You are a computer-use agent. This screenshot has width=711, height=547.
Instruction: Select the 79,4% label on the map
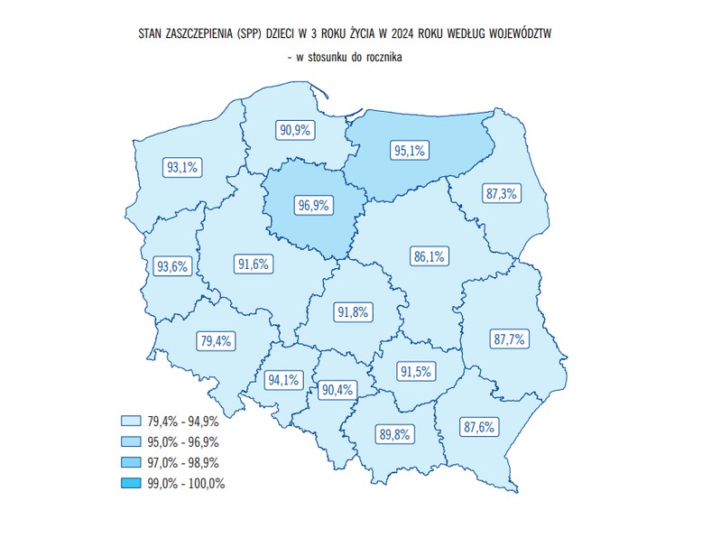[217, 340]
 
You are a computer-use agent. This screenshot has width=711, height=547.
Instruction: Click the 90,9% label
[295, 130]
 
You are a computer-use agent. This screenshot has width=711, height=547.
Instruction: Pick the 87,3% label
[501, 194]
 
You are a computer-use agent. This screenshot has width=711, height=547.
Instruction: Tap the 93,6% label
[171, 266]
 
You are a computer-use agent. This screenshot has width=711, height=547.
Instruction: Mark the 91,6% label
[254, 264]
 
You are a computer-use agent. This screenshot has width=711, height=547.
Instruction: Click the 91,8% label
[353, 312]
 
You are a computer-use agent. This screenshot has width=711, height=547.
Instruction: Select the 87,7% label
[510, 339]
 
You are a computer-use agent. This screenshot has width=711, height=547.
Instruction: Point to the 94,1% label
[282, 380]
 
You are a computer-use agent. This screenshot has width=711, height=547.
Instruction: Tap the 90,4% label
[337, 389]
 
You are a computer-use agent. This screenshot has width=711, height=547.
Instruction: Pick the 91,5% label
[415, 371]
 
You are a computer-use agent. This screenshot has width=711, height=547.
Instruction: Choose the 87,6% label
[478, 427]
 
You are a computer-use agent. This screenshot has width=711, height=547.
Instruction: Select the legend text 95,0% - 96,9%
[183, 441]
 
